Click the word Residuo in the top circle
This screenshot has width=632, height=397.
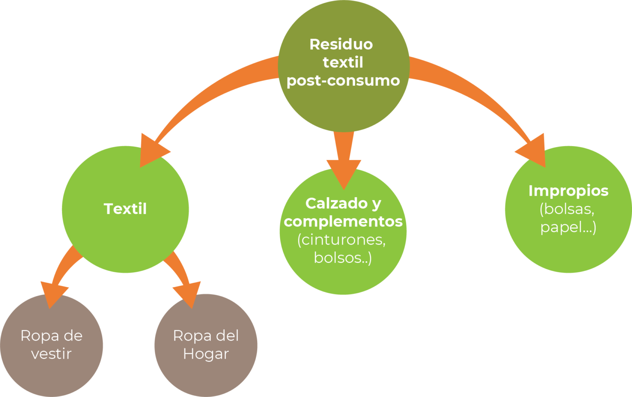[341, 44]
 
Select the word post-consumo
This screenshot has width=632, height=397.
[343, 80]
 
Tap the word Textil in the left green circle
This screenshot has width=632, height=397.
[125, 209]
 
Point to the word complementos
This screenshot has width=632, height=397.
[343, 222]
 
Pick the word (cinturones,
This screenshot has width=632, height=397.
[342, 240]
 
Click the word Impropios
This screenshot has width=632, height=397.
[568, 191]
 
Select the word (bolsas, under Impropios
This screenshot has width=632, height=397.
[567, 209]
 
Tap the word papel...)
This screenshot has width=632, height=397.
[568, 227]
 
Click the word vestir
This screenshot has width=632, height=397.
[51, 354]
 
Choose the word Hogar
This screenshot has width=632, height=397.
[206, 354]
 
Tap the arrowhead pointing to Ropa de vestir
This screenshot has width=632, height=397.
[53, 294]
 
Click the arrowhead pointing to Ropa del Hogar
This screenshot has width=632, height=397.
[188, 294]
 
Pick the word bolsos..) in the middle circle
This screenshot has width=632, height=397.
[343, 258]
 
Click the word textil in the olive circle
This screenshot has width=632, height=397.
[343, 63]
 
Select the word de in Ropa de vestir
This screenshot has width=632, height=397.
[73, 336]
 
